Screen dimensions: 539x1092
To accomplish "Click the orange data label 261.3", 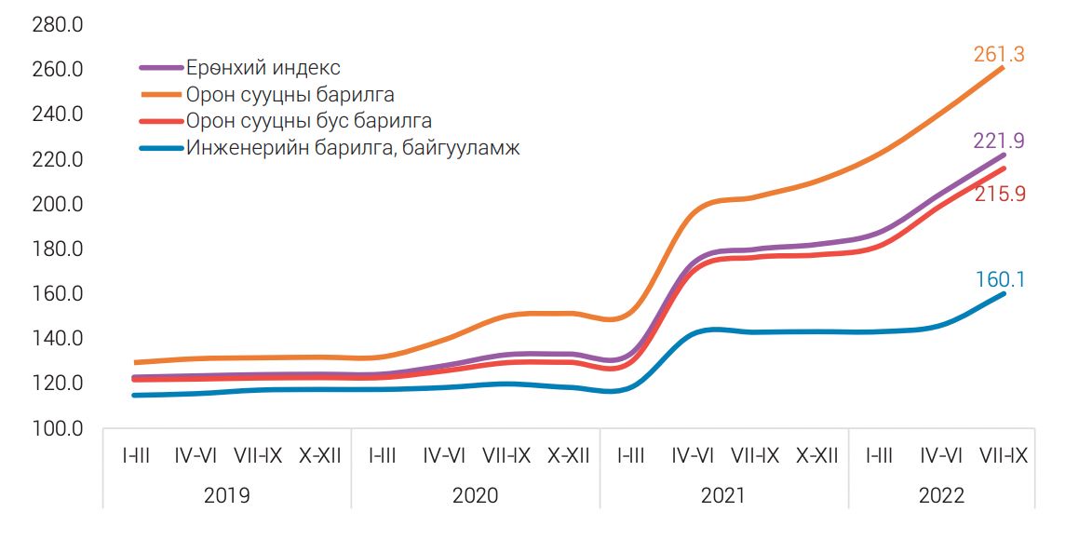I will coord(999,55).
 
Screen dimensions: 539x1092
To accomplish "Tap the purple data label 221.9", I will coord(999,141).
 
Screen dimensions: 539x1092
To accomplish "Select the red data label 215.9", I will coord(999,195).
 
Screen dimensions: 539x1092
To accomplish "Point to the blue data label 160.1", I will coord(1000,279).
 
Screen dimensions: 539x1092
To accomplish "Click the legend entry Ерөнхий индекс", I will coord(263,68).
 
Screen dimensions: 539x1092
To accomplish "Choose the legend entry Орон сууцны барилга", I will coord(290,95).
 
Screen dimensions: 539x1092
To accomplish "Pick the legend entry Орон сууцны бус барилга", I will coord(308,121).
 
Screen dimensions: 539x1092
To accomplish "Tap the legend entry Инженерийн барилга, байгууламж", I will coord(353,147).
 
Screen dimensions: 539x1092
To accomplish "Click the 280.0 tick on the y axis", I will coord(58,24).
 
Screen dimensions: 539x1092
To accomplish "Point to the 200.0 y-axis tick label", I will coord(58,204).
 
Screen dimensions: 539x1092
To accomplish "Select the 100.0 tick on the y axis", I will coord(58,429).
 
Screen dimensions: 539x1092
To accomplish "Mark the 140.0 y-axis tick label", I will coord(58,339).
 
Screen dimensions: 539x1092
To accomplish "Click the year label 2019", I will coord(226,494).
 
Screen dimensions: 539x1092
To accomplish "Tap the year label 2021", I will coord(722,494).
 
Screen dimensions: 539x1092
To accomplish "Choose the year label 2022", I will coord(941,494).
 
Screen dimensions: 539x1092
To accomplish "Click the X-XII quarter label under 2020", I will coord(568,456).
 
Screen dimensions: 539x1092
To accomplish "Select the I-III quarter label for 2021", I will coord(630,456).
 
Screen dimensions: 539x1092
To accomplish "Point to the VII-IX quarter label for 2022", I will coord(1004,456).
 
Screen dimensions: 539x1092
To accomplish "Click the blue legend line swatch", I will coord(161,147).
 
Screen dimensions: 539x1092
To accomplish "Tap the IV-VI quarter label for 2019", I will coord(195,456).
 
